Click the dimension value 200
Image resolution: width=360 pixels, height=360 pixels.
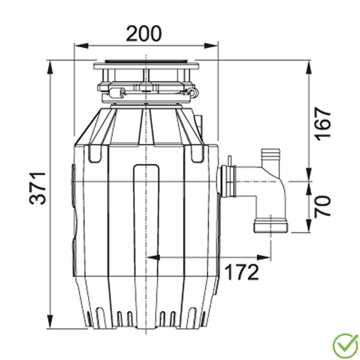[x=144, y=33]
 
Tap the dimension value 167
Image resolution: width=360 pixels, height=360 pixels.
[x=323, y=124]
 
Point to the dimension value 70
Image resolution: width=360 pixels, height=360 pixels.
[x=323, y=206]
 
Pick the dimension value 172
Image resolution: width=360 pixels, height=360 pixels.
[x=242, y=272]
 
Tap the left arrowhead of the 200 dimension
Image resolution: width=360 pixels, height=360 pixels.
[x=81, y=46]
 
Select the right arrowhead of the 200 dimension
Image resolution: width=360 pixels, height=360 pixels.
[x=211, y=46]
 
